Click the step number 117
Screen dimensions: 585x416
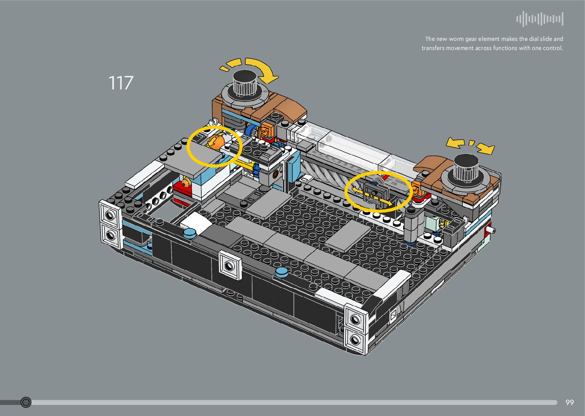click(x=121, y=83)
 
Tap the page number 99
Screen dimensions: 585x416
click(x=569, y=402)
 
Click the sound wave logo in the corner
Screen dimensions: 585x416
click(x=540, y=19)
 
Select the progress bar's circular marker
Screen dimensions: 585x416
click(x=26, y=402)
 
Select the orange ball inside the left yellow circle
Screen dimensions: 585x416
click(x=215, y=142)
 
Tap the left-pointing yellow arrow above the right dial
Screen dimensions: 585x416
click(x=455, y=143)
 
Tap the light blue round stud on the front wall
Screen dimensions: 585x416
click(x=282, y=272)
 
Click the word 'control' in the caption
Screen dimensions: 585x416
click(x=551, y=48)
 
